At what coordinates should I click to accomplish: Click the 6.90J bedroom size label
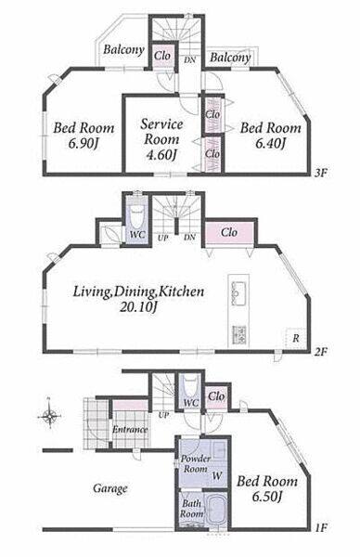(x=84, y=143)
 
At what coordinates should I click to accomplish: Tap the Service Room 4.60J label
(x=161, y=139)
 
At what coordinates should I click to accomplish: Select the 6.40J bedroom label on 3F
(x=271, y=143)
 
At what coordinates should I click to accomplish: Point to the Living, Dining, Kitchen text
(x=138, y=291)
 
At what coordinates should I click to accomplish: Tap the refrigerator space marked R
(x=295, y=338)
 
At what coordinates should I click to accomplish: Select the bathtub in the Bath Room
(x=216, y=510)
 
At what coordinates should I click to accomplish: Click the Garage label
(x=110, y=489)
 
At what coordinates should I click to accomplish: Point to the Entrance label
(x=130, y=430)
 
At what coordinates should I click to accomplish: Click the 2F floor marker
(x=321, y=351)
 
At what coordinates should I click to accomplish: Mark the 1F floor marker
(x=321, y=527)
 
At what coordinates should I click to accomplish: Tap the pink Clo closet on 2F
(x=229, y=232)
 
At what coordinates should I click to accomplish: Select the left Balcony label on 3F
(x=124, y=49)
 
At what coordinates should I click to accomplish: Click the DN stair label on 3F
(x=190, y=60)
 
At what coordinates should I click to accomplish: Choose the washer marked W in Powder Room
(x=217, y=475)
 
